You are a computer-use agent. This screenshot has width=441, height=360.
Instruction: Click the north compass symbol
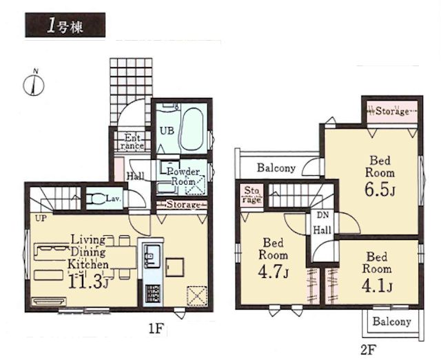(34, 84)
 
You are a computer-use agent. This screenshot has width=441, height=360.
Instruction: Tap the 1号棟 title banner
(65, 25)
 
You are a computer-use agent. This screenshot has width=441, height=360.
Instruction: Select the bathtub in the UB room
(192, 130)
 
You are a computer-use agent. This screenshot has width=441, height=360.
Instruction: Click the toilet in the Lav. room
(97, 199)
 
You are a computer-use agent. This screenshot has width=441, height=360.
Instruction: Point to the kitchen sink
(152, 256)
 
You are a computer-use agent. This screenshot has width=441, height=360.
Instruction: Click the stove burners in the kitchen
(153, 294)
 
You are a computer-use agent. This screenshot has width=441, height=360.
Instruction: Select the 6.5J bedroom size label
(380, 190)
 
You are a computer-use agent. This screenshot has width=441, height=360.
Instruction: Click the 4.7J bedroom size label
(273, 272)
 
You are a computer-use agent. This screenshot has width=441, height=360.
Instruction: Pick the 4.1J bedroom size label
(377, 286)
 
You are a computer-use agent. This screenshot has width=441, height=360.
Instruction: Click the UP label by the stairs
(41, 218)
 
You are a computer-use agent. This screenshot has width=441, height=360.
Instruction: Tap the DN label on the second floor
(322, 216)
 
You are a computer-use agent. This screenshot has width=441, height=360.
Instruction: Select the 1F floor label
(156, 328)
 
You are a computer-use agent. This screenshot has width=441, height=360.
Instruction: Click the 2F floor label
(368, 350)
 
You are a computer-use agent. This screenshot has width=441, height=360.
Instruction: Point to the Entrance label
(132, 141)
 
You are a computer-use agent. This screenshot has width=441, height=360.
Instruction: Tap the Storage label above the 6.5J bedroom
(392, 111)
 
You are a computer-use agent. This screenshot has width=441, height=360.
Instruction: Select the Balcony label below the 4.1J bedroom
(392, 321)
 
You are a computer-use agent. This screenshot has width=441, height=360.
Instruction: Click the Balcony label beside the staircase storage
(276, 168)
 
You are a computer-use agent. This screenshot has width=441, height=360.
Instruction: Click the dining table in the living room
(121, 257)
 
